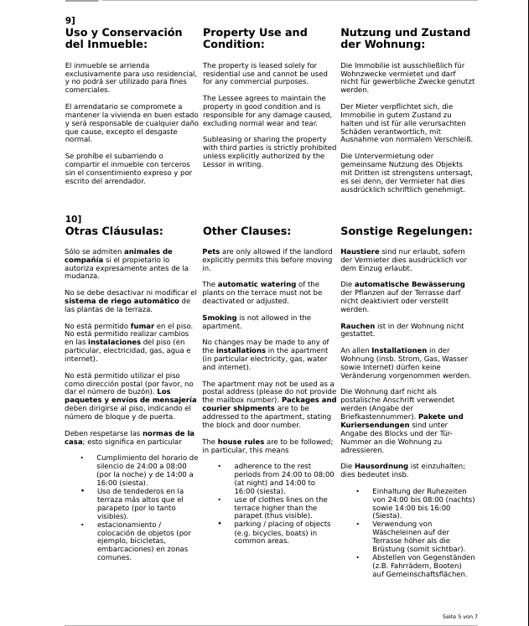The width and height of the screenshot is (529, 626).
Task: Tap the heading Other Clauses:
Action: pos(246,230)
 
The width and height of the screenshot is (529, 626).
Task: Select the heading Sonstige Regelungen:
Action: pos(406,230)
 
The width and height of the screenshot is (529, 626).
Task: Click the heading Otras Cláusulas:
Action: pos(114,230)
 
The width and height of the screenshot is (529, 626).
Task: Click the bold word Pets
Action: pos(211,251)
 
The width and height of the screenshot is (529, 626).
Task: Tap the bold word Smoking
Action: pos(220,318)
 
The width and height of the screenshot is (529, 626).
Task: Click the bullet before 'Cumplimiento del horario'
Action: pos(82,458)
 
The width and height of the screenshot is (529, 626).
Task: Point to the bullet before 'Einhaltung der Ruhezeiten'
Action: pos(358,489)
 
